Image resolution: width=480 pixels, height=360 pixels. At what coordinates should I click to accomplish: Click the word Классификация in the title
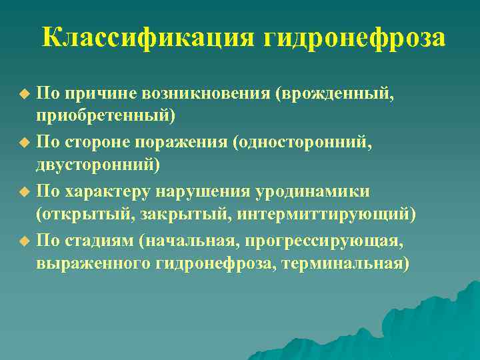(x=148, y=38)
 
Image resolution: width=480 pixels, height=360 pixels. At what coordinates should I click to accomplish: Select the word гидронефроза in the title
(x=354, y=38)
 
